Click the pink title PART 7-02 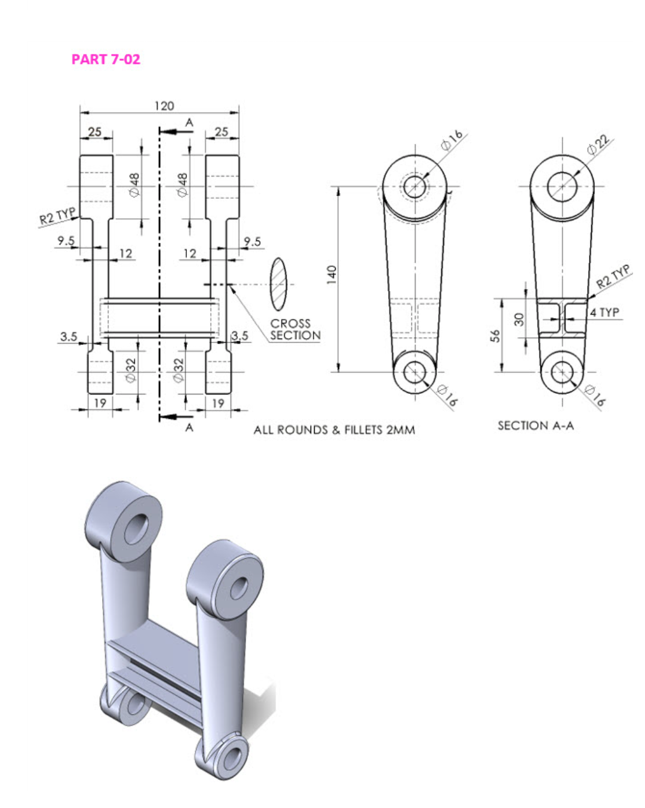pyautogui.click(x=106, y=59)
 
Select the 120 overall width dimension pyautogui.click(x=164, y=106)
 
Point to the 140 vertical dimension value pyautogui.click(x=331, y=274)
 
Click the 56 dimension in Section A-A pyautogui.click(x=495, y=336)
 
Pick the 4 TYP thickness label pyautogui.click(x=604, y=312)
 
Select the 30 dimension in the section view pyautogui.click(x=519, y=319)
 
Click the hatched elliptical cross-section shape pyautogui.click(x=278, y=285)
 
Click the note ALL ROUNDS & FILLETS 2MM pyautogui.click(x=334, y=430)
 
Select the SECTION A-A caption pyautogui.click(x=535, y=425)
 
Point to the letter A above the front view pyautogui.click(x=189, y=122)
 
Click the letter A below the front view pyautogui.click(x=189, y=427)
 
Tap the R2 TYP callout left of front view pyautogui.click(x=57, y=216)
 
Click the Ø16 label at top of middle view pyautogui.click(x=451, y=140)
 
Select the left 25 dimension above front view pyautogui.click(x=95, y=132)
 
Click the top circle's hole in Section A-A pyautogui.click(x=562, y=186)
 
